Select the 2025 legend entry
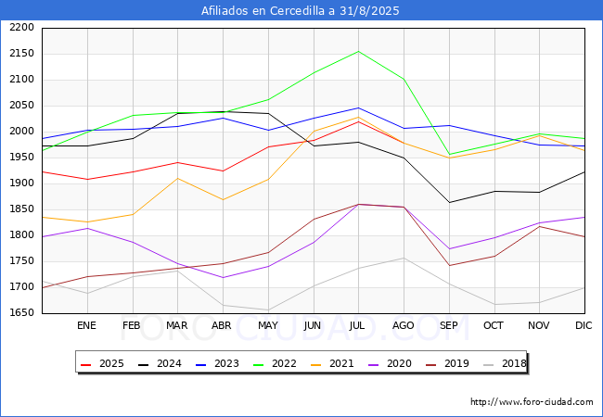[x=102, y=363]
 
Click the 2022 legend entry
[x=275, y=363]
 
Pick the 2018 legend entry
[x=505, y=363]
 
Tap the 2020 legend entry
[x=390, y=363]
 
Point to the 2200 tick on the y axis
[x=21, y=28]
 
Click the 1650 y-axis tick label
[x=21, y=313]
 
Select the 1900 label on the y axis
[x=21, y=183]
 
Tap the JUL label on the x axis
[x=357, y=325]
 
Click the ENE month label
[x=86, y=325]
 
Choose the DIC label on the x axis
[x=584, y=325]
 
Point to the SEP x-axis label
[x=448, y=325]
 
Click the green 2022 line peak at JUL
[x=358, y=52]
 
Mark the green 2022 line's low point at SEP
[x=449, y=155]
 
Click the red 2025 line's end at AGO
[x=404, y=144]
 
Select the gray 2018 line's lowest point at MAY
[x=268, y=310]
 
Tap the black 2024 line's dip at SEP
[x=449, y=202]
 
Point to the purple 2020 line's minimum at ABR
[x=223, y=278]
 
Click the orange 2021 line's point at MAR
[x=178, y=178]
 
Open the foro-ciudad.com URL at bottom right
[x=532, y=402]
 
